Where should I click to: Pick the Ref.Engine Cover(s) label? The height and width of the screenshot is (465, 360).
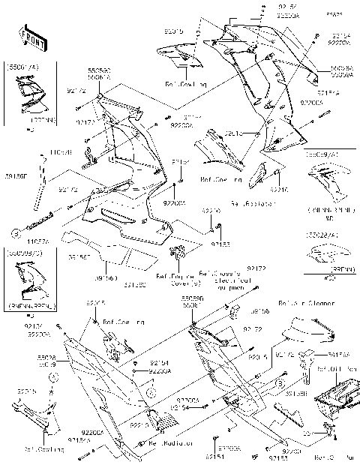click(178, 280)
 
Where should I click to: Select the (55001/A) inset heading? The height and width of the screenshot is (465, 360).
click(22, 67)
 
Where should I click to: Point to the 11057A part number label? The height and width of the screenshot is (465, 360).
click(17, 241)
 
